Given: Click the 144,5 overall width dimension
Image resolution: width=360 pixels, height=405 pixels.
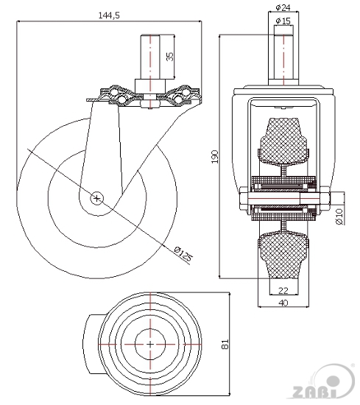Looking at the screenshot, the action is click(109, 15).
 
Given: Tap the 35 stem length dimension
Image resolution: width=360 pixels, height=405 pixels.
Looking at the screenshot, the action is click(169, 57).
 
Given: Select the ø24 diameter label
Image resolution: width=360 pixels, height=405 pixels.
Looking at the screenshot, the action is click(283, 8).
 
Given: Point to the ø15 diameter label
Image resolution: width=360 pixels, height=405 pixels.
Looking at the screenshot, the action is click(283, 21).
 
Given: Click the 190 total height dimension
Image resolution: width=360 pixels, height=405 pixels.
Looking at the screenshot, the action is click(215, 157).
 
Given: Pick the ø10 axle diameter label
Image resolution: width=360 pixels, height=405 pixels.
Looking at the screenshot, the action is click(339, 216).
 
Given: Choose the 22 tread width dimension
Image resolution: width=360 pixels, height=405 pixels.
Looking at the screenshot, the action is click(283, 291).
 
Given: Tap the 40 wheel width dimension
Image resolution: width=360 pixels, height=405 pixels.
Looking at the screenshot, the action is click(283, 303).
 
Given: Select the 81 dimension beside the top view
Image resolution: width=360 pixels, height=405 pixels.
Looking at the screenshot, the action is click(225, 345).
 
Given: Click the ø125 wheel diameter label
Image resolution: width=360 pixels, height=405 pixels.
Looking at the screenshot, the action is click(183, 254).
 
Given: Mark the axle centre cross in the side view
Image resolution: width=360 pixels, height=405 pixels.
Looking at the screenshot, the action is click(96, 198).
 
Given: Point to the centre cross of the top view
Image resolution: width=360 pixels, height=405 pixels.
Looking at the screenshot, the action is click(150, 345).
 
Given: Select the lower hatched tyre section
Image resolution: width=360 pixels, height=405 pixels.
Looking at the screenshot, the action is click(283, 256).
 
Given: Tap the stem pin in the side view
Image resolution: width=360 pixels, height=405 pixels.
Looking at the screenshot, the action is click(150, 57).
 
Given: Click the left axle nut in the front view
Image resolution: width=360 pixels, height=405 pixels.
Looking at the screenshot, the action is click(244, 198).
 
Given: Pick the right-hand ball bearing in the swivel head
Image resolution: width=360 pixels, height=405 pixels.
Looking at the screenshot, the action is click(178, 98).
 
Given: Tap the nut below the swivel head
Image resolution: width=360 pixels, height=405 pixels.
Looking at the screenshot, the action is click(150, 104).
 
